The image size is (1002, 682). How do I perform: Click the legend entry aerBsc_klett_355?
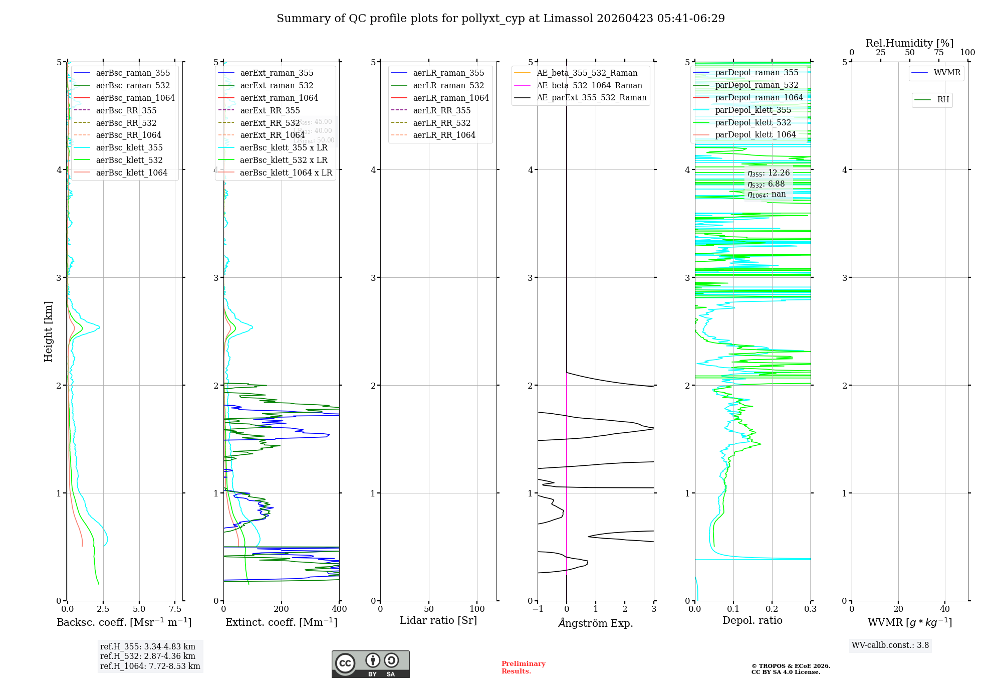(x=129, y=147)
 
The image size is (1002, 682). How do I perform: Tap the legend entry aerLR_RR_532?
(x=441, y=123)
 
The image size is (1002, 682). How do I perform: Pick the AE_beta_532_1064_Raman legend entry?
(x=589, y=85)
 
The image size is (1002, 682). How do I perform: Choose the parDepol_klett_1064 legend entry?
(x=755, y=134)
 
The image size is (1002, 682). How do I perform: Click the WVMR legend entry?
(x=946, y=73)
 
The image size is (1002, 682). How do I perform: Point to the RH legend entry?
(x=943, y=100)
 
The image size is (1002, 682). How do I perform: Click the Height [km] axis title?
(x=48, y=331)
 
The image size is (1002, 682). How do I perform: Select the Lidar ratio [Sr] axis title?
(x=438, y=620)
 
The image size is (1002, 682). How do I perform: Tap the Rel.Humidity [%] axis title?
(x=909, y=43)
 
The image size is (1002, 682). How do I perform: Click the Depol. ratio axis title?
(x=752, y=620)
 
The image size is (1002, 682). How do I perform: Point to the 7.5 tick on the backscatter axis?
(x=175, y=609)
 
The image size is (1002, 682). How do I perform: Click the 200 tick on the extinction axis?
(x=282, y=609)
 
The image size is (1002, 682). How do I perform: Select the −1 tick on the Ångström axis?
(x=538, y=609)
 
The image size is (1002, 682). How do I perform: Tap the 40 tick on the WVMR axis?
(x=945, y=609)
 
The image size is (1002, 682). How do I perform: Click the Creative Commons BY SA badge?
(x=370, y=664)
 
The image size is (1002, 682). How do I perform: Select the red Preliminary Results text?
(x=523, y=667)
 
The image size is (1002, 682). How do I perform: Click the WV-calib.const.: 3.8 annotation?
(x=890, y=645)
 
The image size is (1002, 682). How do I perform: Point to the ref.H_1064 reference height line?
(x=150, y=666)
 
